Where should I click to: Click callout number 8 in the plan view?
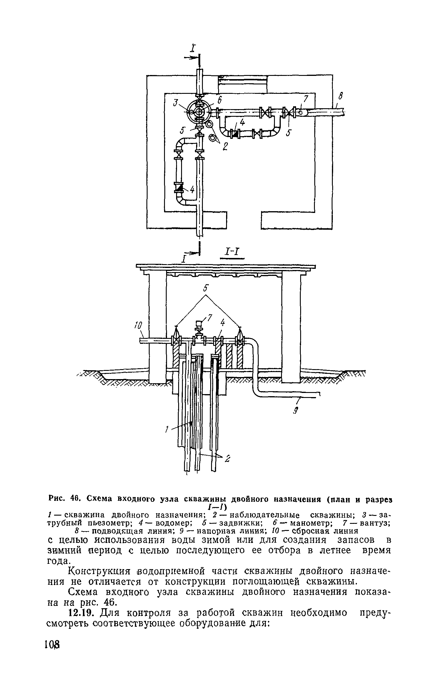[342, 96]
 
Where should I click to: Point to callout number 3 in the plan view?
[176, 103]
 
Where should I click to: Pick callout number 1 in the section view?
[166, 430]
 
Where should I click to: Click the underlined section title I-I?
[232, 252]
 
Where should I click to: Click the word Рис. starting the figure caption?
[57, 499]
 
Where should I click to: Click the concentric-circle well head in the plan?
[199, 112]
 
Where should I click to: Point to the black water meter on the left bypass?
[179, 187]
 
